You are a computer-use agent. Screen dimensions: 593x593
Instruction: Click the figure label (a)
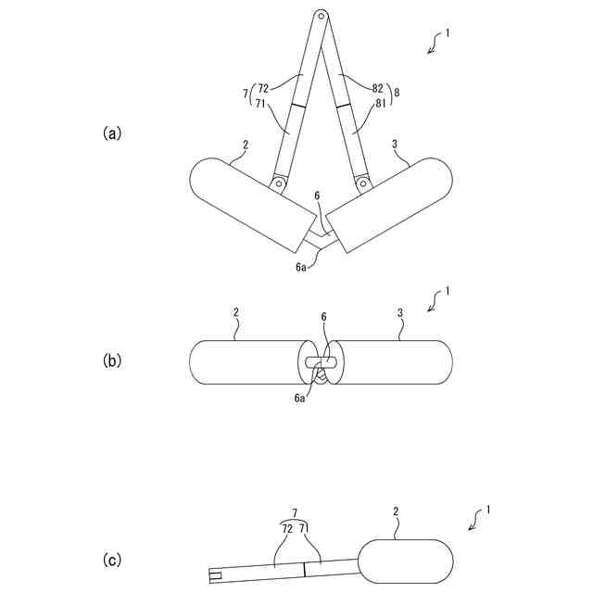point(111,133)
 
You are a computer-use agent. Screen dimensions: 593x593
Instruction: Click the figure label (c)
point(111,560)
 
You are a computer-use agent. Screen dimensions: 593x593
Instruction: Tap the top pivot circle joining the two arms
point(321,15)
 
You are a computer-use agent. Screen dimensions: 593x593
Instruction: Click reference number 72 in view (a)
point(263,88)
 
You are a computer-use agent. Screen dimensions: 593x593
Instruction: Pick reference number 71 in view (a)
point(263,104)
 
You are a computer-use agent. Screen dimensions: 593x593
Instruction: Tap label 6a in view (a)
point(300,268)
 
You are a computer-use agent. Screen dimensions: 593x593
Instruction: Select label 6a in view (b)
point(299,397)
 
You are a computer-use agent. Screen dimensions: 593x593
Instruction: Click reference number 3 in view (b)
point(399,314)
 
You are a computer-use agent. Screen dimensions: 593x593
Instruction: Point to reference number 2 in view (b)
point(236,314)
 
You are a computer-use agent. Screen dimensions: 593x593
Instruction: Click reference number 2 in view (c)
point(396,511)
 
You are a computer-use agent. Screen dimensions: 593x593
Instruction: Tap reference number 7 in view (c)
point(295,512)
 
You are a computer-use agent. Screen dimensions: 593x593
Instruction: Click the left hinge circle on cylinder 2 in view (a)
point(277,184)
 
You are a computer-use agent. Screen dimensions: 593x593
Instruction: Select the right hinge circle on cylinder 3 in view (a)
point(363,184)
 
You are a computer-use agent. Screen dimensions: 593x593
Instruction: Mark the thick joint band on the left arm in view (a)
point(296,107)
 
